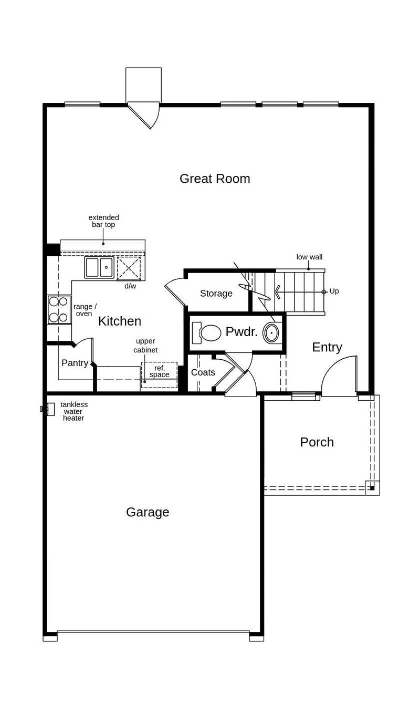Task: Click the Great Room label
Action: click(x=215, y=179)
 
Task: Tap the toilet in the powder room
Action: click(x=206, y=333)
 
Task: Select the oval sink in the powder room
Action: click(x=271, y=333)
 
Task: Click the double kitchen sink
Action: click(x=99, y=267)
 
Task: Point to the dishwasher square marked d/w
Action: click(x=129, y=268)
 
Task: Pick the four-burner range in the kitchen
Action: click(x=59, y=309)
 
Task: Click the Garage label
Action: click(x=148, y=512)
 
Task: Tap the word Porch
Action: click(x=317, y=442)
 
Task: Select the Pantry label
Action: click(x=75, y=363)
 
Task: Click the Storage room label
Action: click(x=216, y=294)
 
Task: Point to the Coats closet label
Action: click(x=203, y=372)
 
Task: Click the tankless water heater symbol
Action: click(x=48, y=409)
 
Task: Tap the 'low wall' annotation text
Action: click(x=309, y=257)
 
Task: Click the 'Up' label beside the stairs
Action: click(x=334, y=291)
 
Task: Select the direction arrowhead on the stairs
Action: click(x=278, y=292)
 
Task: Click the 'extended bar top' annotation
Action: click(x=103, y=221)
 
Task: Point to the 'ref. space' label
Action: click(x=159, y=371)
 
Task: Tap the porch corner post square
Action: click(x=372, y=488)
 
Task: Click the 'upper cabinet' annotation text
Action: click(x=145, y=346)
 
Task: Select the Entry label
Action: click(x=327, y=347)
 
